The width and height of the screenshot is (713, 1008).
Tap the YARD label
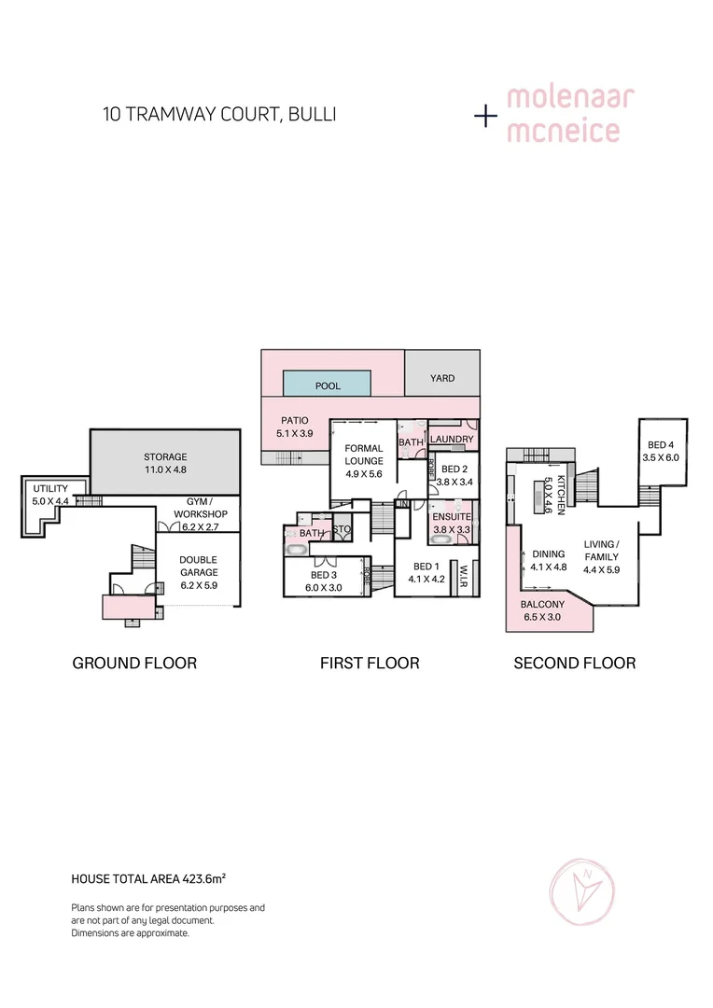pos(442,378)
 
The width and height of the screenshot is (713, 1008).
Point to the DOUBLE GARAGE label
pos(198,566)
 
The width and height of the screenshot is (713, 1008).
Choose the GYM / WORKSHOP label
pos(207,508)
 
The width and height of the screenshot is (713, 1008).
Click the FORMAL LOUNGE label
pos(364,455)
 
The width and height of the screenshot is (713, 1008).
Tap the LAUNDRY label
pos(453,439)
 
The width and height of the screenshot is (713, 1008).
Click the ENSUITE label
pos(453,517)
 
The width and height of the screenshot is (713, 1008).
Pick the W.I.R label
pos(464,577)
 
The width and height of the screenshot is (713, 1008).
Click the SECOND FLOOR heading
pos(574,664)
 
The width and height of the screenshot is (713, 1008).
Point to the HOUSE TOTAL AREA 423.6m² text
pos(149,878)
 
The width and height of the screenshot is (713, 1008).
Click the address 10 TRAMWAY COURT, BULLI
pos(219,115)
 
